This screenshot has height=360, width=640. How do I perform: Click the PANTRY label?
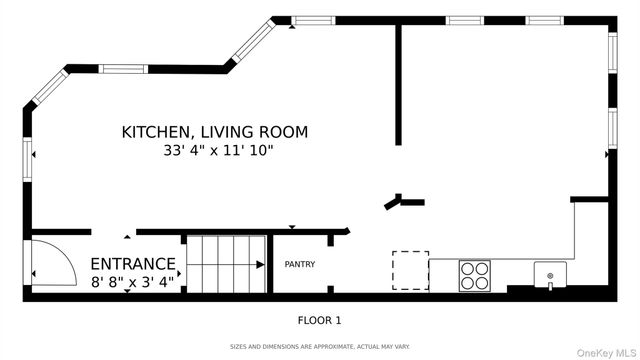click(300, 264)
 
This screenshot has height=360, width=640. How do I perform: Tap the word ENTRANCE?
click(133, 264)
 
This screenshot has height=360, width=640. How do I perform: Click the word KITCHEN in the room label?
click(156, 132)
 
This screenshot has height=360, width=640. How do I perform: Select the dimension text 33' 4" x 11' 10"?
click(218, 151)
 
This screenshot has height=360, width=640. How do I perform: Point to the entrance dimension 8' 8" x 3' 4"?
click(132, 282)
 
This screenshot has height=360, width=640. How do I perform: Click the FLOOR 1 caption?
click(319, 320)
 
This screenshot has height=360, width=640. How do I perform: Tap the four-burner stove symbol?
click(475, 276)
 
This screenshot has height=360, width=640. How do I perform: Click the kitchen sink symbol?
click(550, 275)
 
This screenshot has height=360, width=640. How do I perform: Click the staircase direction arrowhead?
click(260, 264)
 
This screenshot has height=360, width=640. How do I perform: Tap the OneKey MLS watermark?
click(607, 353)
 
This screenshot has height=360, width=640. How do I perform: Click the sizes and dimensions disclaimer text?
click(320, 347)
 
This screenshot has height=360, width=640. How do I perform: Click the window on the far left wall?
click(27, 160)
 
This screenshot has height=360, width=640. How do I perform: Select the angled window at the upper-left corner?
click(50, 87)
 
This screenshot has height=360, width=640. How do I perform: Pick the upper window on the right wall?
click(613, 53)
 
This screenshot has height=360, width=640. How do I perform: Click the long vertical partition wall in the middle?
click(398, 85)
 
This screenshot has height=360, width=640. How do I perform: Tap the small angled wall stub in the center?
click(393, 204)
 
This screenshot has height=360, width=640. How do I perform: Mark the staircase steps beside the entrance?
click(227, 264)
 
